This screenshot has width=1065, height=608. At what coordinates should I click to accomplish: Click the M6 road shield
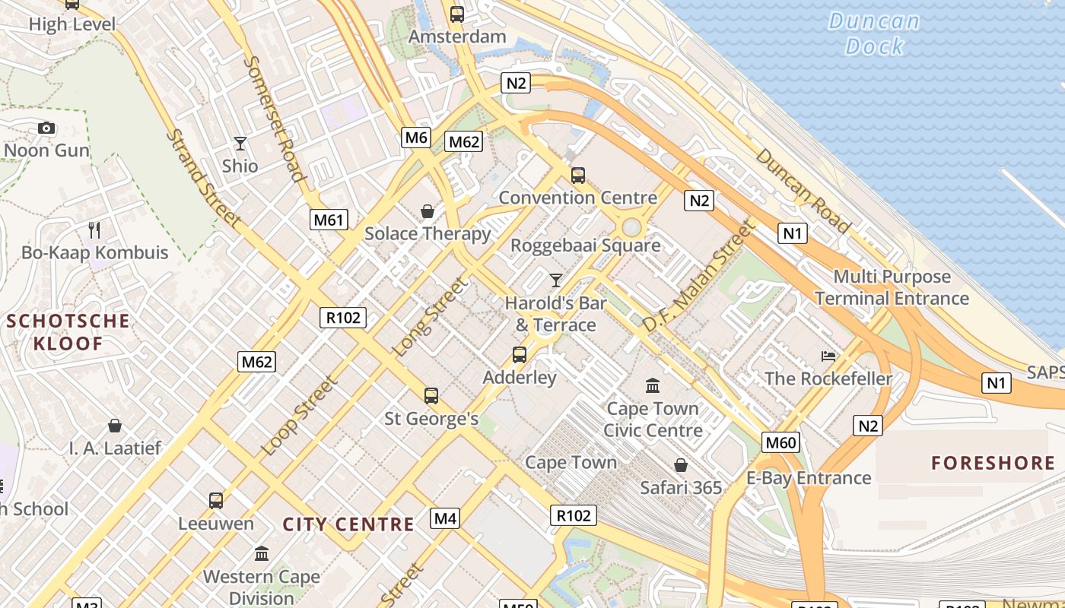416,138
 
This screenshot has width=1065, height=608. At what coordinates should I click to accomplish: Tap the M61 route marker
329,220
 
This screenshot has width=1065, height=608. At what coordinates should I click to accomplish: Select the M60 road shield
781,442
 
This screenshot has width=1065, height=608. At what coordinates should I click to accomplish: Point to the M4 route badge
445,519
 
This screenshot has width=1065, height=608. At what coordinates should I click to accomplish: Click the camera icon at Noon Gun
46,128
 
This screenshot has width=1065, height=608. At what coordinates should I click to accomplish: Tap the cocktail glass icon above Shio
240,143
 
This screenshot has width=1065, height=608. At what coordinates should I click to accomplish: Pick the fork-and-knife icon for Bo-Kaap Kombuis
94,230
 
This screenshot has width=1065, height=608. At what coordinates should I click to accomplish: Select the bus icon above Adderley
520,354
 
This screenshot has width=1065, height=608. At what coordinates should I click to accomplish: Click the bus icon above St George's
431,395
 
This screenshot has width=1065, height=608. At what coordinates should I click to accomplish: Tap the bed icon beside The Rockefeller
828,356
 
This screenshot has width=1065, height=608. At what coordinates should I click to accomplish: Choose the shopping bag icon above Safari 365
681,464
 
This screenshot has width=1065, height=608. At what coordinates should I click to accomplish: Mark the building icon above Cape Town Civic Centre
653,385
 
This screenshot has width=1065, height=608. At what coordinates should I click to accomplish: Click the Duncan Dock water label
874,33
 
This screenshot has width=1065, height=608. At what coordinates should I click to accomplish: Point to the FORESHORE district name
993,463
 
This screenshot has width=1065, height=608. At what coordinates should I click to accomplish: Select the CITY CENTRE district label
348,524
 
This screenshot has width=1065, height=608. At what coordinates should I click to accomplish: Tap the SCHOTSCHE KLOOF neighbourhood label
68,332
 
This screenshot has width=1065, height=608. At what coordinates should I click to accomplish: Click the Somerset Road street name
275,119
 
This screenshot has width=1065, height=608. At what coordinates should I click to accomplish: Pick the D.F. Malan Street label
700,276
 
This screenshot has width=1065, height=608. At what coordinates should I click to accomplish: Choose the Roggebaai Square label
585,245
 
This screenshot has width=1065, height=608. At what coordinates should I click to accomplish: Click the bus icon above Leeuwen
216,500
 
